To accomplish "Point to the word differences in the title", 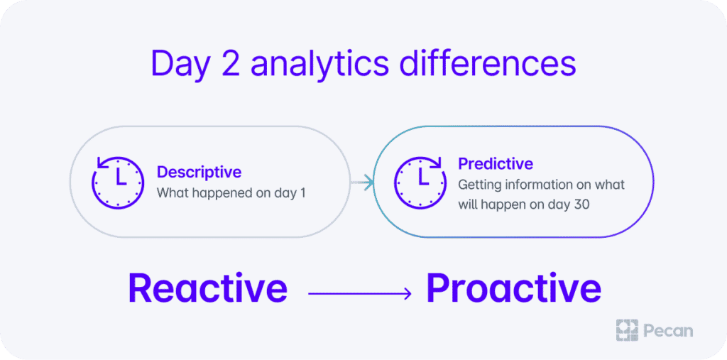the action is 488,63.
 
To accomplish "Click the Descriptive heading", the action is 199,172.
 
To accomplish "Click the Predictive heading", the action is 496,163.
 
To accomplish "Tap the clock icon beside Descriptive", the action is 118,182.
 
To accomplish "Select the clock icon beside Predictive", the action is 420,182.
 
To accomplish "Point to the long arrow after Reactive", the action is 360,293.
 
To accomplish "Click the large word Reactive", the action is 207,288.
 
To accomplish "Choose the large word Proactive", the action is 513,288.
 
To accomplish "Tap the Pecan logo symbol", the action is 627,330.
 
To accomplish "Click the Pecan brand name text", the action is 668,331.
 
